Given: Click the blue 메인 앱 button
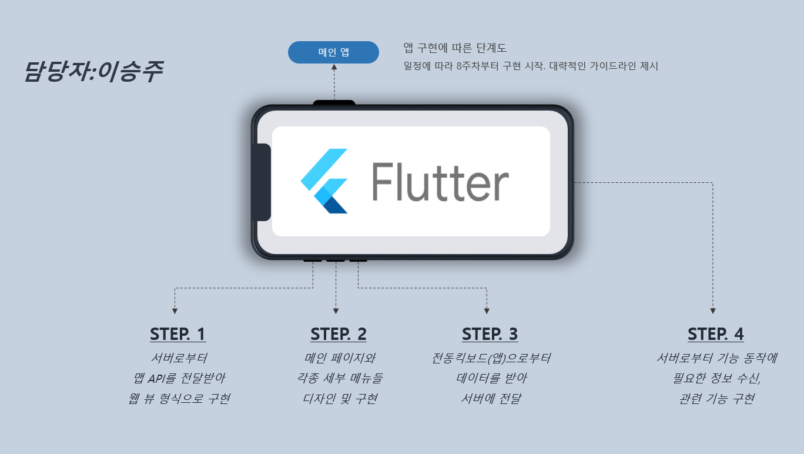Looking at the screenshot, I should [333, 52].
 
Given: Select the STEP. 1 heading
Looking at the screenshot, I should [177, 334].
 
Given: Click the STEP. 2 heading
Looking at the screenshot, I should [339, 334].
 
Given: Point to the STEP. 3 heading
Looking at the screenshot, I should [490, 334].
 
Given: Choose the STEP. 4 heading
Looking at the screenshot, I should [715, 334].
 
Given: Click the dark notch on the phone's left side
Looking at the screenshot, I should [261, 182].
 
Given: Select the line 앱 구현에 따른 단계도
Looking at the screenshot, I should [455, 48].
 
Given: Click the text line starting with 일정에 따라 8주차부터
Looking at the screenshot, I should [531, 66].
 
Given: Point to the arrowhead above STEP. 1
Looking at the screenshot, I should [175, 311].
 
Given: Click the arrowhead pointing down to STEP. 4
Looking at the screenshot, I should [713, 311].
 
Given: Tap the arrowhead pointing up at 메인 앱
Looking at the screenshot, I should [334, 68].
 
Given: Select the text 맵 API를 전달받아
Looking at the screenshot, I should [179, 378].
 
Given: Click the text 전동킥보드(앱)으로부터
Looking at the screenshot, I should [491, 358].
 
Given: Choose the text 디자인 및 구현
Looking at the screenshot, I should [340, 399].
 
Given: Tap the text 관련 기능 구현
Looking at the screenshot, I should [716, 399].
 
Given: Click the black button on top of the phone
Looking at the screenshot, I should [334, 104].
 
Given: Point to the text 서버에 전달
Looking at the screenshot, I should [491, 399].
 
